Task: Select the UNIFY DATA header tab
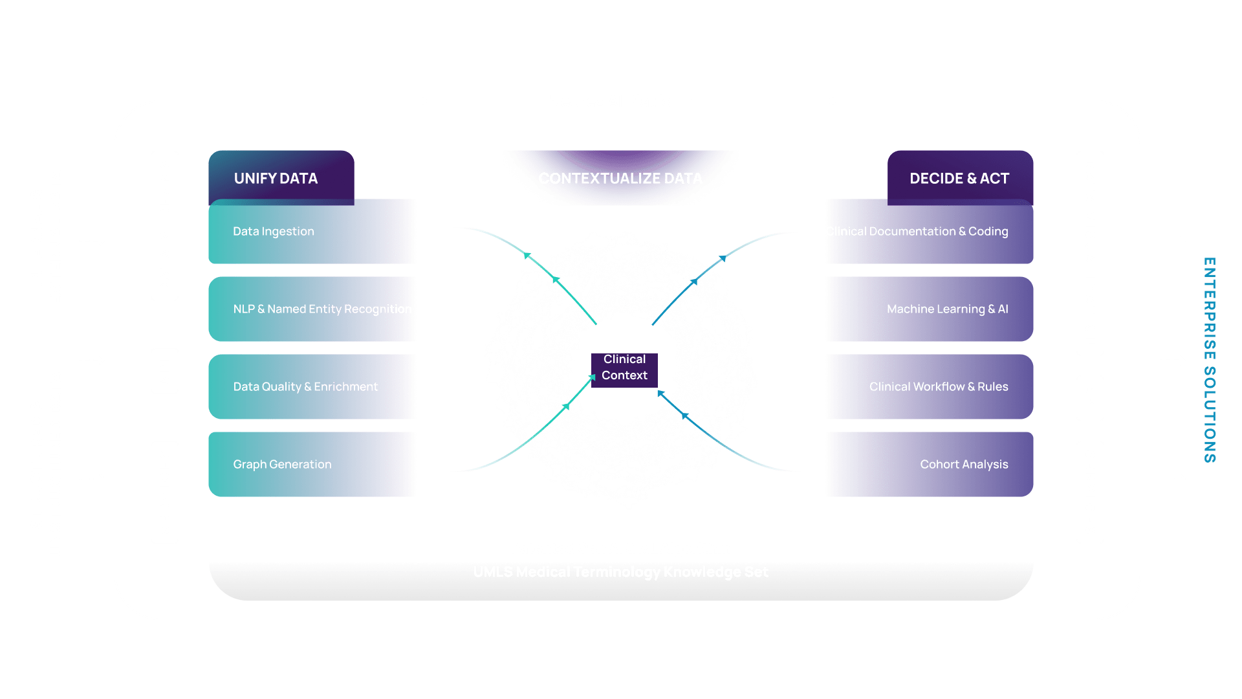[276, 178]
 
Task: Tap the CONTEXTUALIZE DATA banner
[620, 178]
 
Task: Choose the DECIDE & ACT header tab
[959, 178]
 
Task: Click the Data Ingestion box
[312, 232]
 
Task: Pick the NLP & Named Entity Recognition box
[312, 309]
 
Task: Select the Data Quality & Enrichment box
[312, 387]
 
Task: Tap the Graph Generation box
[312, 465]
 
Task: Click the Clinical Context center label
[624, 368]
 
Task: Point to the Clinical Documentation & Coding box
[930, 232]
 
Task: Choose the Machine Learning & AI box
[930, 309]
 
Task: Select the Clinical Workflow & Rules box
[930, 387]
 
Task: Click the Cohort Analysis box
[930, 465]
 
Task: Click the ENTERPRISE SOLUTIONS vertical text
[1209, 360]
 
